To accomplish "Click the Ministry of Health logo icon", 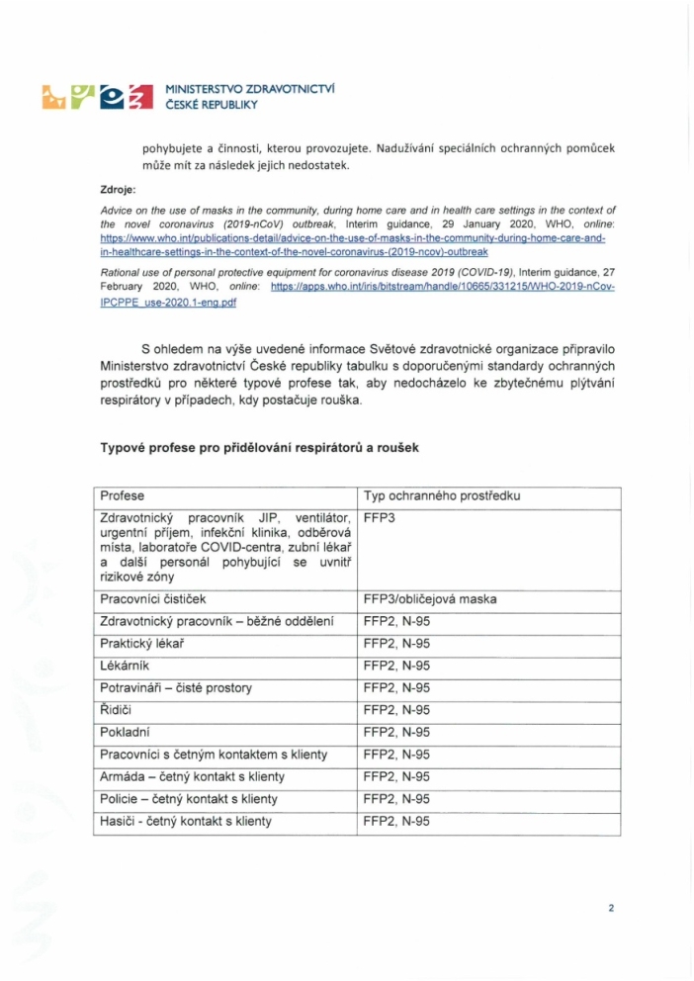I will (97, 96).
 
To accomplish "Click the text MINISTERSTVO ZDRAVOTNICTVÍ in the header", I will (249, 88).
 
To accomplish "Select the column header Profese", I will (120, 495).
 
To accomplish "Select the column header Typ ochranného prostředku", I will (443, 495).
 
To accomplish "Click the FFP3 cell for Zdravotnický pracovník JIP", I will (380, 516).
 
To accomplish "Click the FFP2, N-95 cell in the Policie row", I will (396, 798).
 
